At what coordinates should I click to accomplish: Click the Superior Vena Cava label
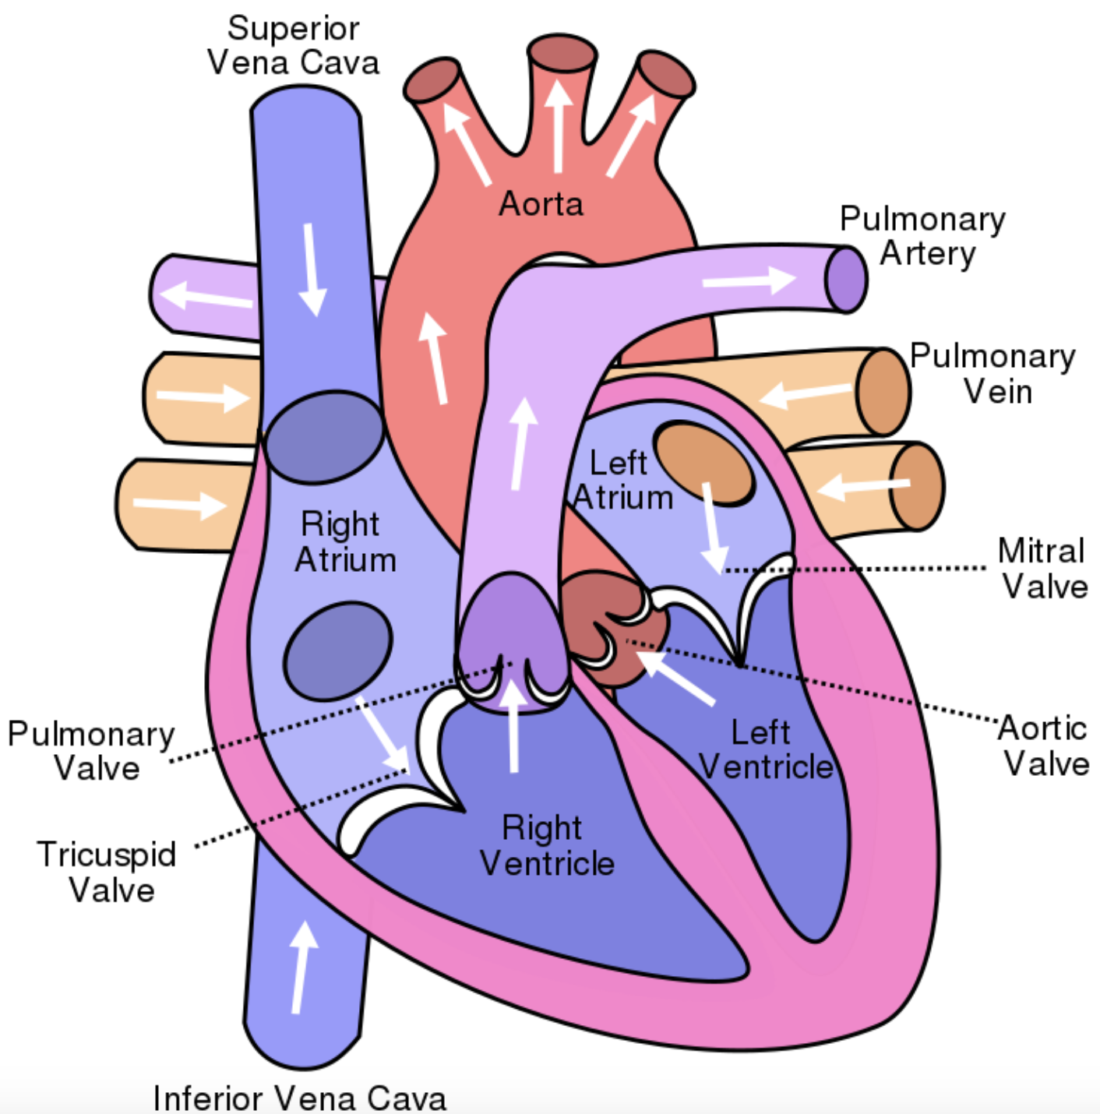(294, 45)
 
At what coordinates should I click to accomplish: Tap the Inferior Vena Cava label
(300, 1097)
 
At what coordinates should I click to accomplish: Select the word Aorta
(541, 204)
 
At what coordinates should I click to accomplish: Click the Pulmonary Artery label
(922, 236)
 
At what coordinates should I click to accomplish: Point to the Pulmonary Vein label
(993, 373)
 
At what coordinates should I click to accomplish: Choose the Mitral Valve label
(1042, 568)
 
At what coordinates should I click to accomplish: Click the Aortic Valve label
(1044, 746)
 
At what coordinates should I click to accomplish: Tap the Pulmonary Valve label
(92, 751)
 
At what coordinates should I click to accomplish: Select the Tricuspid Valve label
(108, 872)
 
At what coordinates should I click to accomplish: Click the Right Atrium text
(344, 542)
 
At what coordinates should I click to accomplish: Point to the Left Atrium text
(621, 480)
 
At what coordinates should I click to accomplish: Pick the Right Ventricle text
(545, 845)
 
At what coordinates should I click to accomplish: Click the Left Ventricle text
(764, 749)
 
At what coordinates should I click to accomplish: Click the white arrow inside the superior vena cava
(312, 269)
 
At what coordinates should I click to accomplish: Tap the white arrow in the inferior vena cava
(301, 967)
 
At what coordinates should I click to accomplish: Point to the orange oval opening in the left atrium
(704, 463)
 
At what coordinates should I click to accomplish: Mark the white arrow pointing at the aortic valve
(675, 676)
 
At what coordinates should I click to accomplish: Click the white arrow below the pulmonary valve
(513, 724)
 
